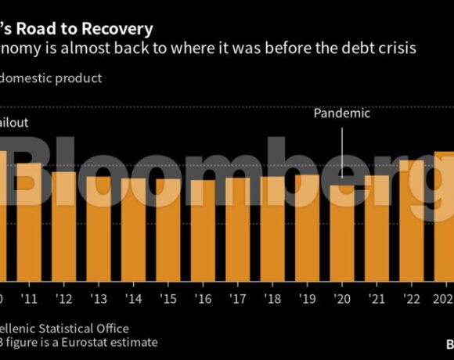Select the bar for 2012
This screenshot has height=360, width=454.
63,226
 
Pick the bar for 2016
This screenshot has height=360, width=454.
203,230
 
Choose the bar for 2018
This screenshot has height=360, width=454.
272,229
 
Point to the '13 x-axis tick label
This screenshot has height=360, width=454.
99,299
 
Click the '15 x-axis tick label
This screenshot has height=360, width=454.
168,299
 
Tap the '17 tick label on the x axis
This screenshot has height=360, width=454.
238,299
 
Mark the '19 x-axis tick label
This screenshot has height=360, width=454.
308,299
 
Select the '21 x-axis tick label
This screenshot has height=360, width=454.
377,299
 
